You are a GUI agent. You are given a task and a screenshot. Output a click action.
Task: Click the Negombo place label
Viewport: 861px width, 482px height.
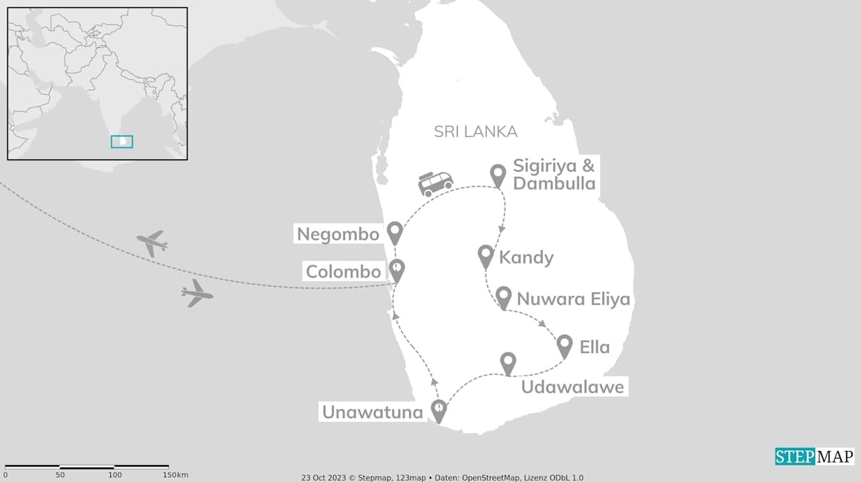[339, 234]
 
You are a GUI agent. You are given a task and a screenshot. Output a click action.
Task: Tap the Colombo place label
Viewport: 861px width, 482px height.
[343, 272]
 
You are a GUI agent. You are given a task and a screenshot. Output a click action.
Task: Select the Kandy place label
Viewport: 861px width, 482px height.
[526, 257]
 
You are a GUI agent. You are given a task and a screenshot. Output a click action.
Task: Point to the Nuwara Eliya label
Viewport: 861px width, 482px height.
[573, 298]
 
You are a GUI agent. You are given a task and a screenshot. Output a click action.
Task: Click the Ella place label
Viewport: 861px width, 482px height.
[595, 347]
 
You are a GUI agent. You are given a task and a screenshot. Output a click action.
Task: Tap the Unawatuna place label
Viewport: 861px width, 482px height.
[373, 412]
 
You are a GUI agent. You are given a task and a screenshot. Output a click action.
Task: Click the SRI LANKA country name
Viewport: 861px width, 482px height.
[476, 132]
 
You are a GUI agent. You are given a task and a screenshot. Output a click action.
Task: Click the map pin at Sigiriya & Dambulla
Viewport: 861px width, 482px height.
[498, 175]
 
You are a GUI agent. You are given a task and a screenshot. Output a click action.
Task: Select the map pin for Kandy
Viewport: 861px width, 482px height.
[486, 255]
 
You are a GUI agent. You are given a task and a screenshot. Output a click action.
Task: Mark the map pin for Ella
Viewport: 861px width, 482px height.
[564, 346]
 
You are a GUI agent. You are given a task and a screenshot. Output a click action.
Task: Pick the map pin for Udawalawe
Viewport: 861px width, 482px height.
[508, 363]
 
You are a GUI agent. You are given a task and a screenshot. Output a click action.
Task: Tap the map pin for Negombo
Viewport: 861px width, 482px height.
[395, 233]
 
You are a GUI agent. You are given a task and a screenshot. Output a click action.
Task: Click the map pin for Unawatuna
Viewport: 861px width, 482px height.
[439, 410]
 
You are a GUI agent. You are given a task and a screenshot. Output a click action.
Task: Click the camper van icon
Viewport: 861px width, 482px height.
[436, 184]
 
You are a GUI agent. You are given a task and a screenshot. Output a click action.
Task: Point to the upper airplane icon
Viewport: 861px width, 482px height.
[152, 242]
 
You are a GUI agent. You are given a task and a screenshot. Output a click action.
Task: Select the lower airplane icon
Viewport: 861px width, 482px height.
[196, 293]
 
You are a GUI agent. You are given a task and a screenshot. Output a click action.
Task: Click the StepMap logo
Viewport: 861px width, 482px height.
[815, 456]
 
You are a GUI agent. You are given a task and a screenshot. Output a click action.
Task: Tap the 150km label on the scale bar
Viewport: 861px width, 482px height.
[175, 475]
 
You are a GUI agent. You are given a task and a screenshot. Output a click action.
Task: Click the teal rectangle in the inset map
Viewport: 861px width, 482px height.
[122, 142]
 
